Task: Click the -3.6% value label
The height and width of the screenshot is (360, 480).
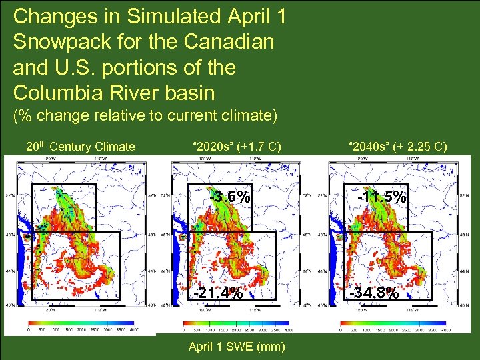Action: [x=230, y=197]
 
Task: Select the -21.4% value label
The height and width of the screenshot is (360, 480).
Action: [x=218, y=293]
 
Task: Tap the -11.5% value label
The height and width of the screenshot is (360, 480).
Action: [x=381, y=197]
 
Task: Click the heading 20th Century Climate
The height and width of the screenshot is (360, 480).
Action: [x=80, y=147]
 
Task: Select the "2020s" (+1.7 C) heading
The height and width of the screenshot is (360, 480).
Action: [x=237, y=147]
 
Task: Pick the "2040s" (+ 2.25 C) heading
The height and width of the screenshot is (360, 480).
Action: [x=398, y=147]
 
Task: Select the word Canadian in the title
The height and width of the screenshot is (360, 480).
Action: [x=229, y=42]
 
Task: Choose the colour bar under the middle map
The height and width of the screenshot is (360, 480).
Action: [x=237, y=322]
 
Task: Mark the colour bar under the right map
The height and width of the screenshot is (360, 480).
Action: [x=393, y=322]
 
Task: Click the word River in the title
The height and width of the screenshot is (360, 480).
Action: [x=130, y=93]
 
